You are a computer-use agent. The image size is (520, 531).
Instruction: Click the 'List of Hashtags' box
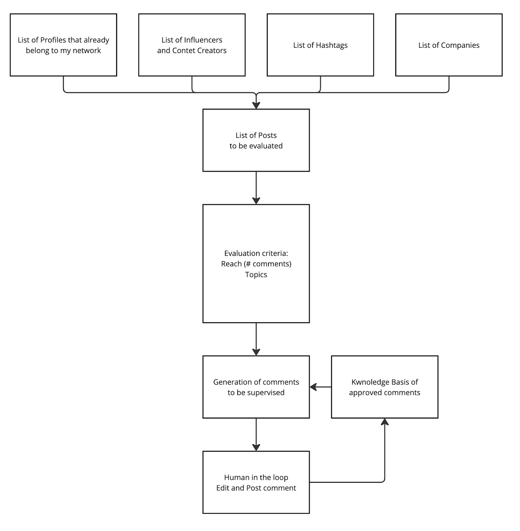click(x=320, y=45)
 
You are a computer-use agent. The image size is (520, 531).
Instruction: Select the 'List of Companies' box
click(x=449, y=45)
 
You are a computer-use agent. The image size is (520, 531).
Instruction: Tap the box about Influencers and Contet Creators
click(x=192, y=45)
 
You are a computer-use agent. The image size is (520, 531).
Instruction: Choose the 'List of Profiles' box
click(x=63, y=45)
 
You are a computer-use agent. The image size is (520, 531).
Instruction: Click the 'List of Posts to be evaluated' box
click(x=256, y=140)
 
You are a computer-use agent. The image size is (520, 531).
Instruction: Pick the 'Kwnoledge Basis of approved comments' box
click(x=385, y=387)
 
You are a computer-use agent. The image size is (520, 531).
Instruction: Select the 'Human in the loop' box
click(x=256, y=482)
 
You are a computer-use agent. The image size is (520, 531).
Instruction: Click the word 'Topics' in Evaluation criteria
click(x=256, y=274)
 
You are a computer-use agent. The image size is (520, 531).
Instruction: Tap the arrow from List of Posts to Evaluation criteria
click(x=256, y=188)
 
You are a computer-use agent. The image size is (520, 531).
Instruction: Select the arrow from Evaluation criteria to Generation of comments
click(x=256, y=339)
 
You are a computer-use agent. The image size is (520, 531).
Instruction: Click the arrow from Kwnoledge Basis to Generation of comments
click(x=321, y=387)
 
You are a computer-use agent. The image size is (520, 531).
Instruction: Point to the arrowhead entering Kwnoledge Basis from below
click(x=385, y=422)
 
